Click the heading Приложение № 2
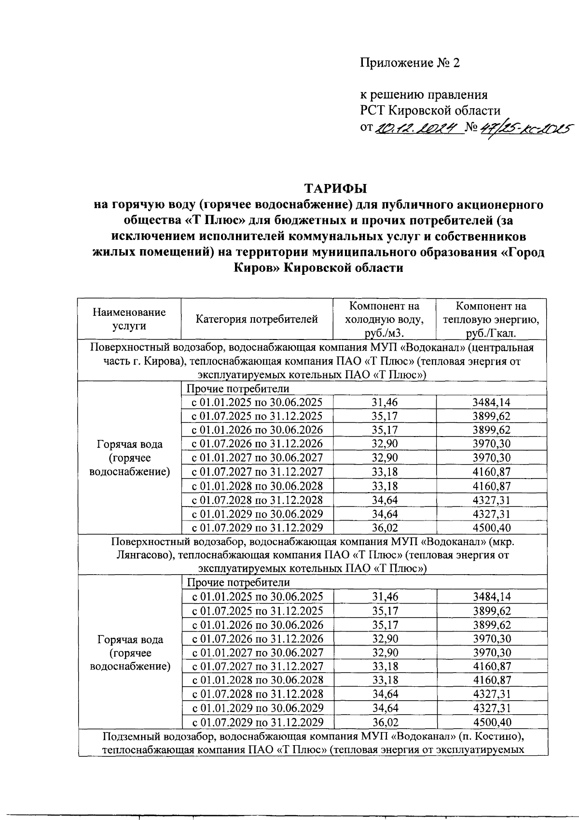point(410,63)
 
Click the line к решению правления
point(424,95)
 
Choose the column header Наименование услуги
point(129,319)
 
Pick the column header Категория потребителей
point(257,319)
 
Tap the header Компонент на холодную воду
point(384,319)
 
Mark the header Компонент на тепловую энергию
point(491,319)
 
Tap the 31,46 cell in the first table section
point(385,402)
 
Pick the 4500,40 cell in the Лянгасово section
point(492,722)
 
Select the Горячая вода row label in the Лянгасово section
point(130,639)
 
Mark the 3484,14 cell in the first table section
point(492,402)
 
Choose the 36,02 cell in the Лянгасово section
point(385,722)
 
